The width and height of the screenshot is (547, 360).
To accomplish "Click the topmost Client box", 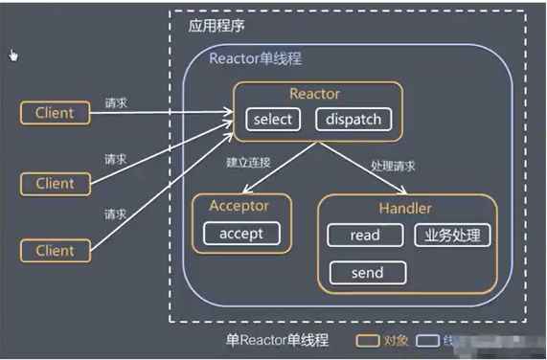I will pos(55,113).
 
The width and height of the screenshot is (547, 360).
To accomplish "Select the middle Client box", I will pos(55,182).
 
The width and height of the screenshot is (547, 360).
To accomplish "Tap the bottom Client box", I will pos(55,251).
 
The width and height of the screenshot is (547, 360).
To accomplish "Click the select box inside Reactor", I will pos(272,120).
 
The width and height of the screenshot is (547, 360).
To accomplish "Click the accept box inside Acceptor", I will pos(240,234).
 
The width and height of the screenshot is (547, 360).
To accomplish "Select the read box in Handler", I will pos(365,235).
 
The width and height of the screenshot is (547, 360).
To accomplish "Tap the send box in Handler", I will pos(366,273).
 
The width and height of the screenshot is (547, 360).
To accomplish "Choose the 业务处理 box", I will pos(452,235).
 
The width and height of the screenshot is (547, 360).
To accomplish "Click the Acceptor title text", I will pos(239,206).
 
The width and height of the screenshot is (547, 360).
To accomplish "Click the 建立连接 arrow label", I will pos(247,164).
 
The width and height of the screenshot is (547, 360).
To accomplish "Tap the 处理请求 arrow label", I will pos(393,166).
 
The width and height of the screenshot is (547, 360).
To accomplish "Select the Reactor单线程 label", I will pos(256,58).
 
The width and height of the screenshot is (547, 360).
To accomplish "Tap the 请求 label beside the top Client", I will pos(116,101).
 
